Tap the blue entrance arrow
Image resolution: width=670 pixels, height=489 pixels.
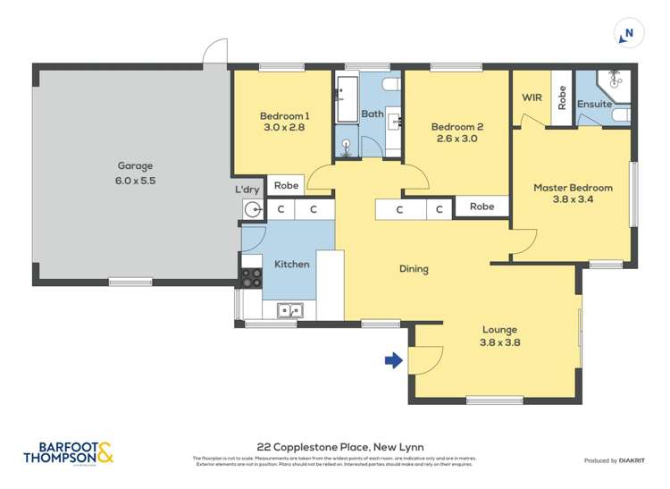391,360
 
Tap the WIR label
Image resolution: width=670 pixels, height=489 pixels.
532,97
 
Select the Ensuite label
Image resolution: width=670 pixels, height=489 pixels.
594,104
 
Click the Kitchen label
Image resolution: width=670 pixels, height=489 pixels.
291,264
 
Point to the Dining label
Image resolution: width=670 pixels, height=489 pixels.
414,269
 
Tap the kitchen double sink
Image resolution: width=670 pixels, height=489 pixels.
289,311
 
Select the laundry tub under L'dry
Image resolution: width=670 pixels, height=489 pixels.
253,210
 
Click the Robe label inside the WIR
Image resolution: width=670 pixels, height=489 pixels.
561,97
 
